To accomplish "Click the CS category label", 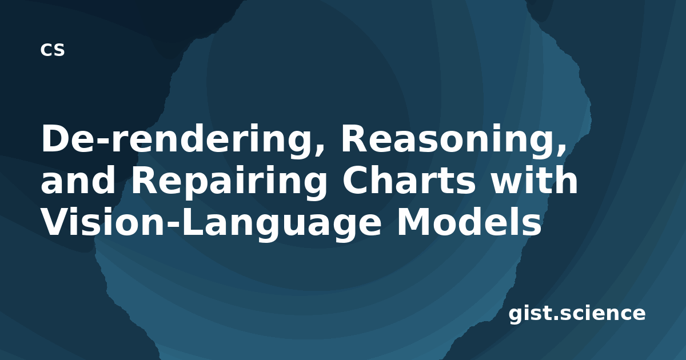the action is tap(53, 50).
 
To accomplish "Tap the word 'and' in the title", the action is tap(78, 180).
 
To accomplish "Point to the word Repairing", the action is tap(229, 182).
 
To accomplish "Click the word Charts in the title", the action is tap(409, 180).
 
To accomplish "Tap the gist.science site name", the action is tap(577, 314).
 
